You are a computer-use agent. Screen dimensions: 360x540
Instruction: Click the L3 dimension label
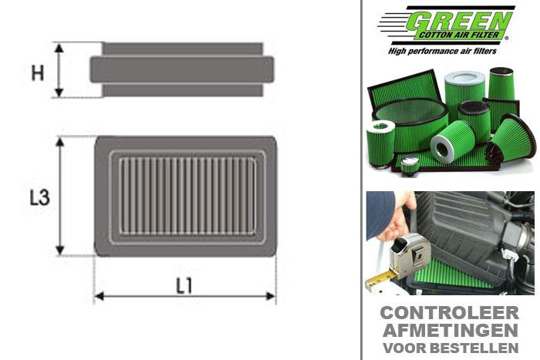click(x=39, y=197)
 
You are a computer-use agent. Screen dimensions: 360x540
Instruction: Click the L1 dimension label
click(x=184, y=286)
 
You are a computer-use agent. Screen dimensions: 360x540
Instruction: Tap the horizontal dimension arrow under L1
click(x=184, y=295)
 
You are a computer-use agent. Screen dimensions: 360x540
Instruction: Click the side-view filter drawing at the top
click(x=182, y=69)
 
